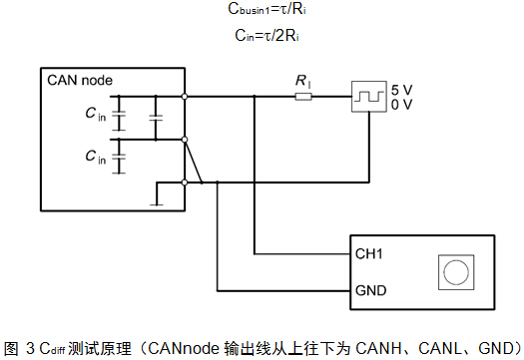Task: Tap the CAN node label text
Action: click(x=81, y=80)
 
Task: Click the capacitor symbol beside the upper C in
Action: click(x=120, y=118)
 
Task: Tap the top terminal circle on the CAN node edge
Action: click(x=185, y=97)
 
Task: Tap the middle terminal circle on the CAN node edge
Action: click(x=185, y=140)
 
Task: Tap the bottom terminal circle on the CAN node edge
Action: click(x=185, y=182)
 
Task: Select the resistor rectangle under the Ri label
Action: click(x=302, y=97)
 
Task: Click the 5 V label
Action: click(x=400, y=89)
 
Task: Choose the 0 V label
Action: click(x=400, y=104)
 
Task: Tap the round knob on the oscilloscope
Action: click(x=456, y=271)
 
